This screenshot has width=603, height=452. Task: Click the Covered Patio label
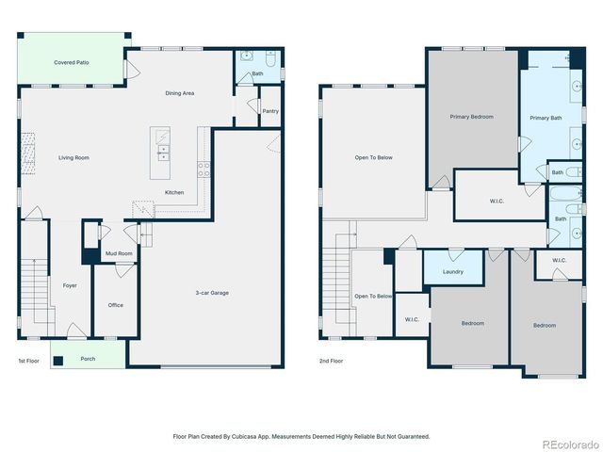click(72, 62)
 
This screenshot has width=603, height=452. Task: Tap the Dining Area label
click(179, 93)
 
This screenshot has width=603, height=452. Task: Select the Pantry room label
click(270, 110)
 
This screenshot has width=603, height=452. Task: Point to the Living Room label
click(73, 157)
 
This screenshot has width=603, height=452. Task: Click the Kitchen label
click(174, 192)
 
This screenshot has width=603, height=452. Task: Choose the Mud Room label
click(119, 253)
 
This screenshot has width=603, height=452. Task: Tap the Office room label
click(115, 304)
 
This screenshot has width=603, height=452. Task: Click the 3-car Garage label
click(213, 293)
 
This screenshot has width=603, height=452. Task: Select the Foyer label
click(70, 284)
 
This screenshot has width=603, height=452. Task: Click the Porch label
click(88, 359)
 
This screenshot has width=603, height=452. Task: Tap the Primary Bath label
click(545, 118)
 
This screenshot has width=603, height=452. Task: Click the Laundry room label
click(452, 271)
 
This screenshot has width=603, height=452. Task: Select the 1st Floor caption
click(28, 361)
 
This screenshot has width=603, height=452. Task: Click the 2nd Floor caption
click(331, 361)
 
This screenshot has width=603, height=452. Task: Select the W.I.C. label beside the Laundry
click(412, 319)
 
